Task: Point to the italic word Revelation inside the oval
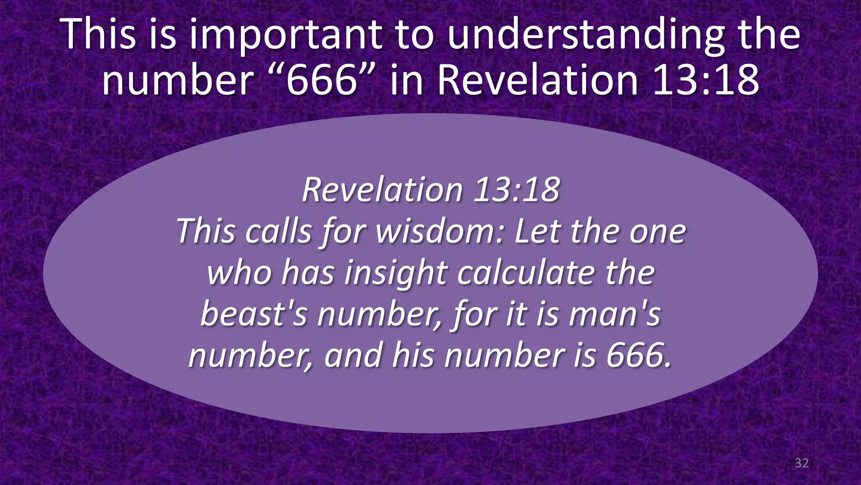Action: (x=382, y=190)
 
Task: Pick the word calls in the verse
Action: (x=278, y=231)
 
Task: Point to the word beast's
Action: (x=254, y=314)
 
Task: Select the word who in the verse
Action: (x=239, y=273)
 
